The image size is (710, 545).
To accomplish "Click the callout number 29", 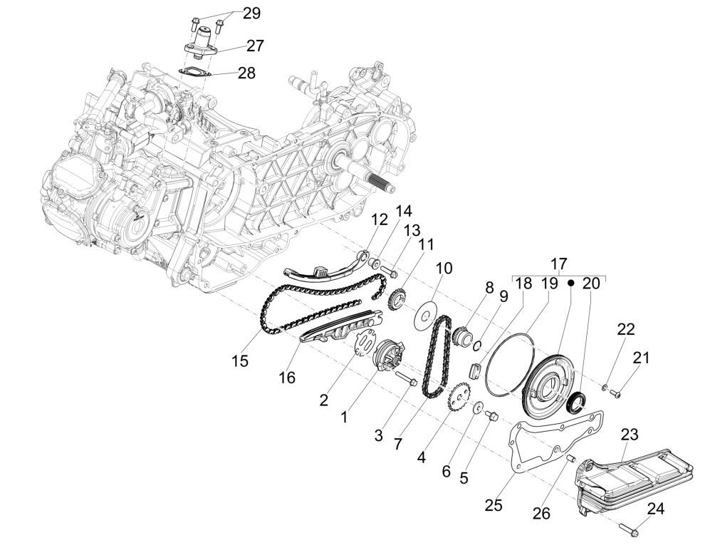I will [251, 13].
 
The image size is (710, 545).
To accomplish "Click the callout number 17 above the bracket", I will [558, 262].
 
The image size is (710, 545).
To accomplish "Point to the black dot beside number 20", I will [570, 283].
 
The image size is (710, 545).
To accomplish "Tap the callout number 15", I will [240, 361].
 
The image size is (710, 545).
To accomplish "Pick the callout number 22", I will [625, 329].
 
